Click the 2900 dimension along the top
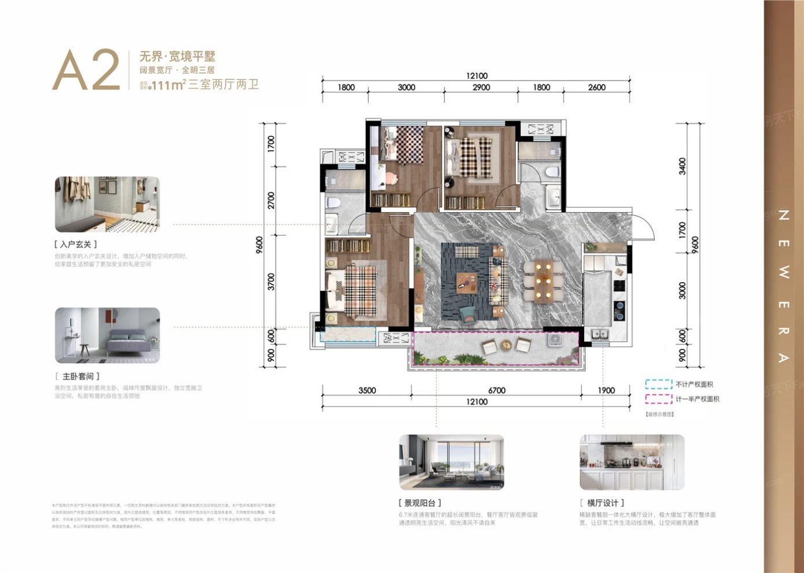(x=481, y=87)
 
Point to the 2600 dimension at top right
(x=597, y=87)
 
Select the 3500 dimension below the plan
(x=367, y=390)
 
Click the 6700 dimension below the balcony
(x=497, y=390)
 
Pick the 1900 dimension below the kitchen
(x=606, y=390)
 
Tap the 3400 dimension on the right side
(x=682, y=166)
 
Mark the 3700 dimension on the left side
(x=271, y=282)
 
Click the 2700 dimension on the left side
(x=271, y=200)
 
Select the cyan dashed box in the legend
(x=659, y=384)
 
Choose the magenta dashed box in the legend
(x=659, y=399)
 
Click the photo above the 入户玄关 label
(x=107, y=205)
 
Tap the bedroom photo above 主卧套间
(x=107, y=335)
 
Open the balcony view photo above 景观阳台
(x=451, y=462)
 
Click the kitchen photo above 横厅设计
(x=632, y=462)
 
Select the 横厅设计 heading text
(x=602, y=503)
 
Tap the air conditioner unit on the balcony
(x=555, y=339)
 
